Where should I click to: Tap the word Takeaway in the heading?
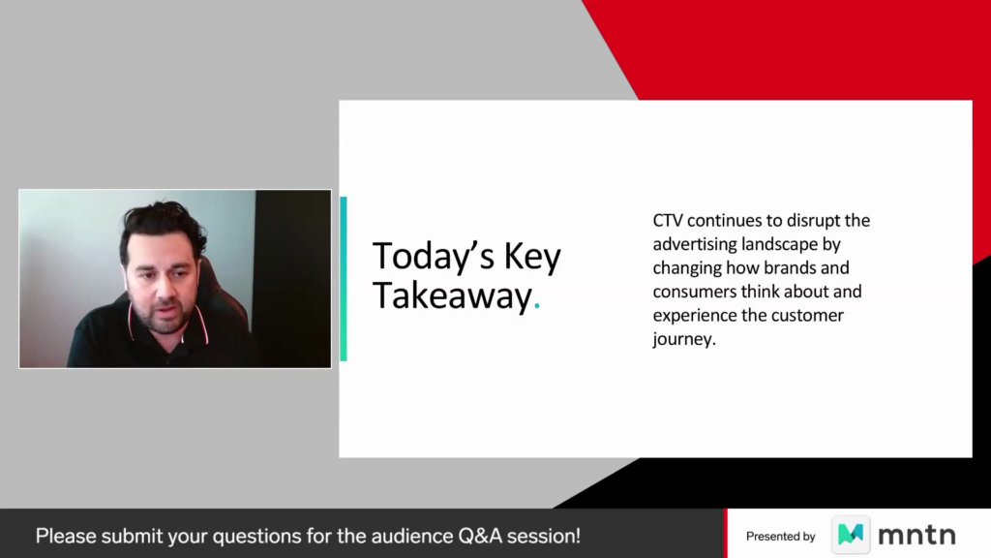(452, 296)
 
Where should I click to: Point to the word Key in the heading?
(532, 258)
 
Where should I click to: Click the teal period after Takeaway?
(536, 307)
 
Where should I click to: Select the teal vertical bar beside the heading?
(344, 278)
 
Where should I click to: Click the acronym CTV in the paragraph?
(668, 221)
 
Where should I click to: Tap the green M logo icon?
(850, 535)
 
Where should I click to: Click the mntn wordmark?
(916, 536)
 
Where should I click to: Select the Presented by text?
(781, 537)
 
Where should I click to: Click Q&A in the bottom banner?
(480, 536)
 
